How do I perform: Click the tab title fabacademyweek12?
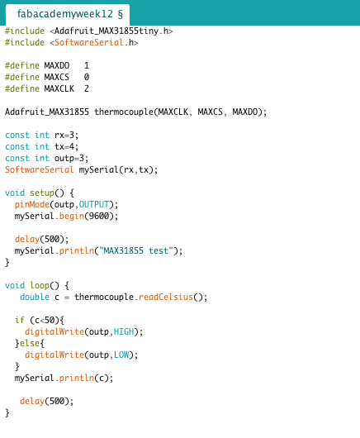tap(65, 13)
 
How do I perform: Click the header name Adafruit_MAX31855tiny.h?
tap(111, 31)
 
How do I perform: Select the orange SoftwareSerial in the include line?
tap(89, 42)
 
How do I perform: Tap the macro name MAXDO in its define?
tap(57, 65)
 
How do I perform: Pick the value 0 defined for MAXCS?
tap(87, 77)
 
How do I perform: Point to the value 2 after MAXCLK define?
tap(87, 88)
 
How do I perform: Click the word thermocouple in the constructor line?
tap(124, 112)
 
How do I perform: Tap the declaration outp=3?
tap(69, 159)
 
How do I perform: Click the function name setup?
tap(42, 193)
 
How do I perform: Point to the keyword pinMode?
tap(32, 204)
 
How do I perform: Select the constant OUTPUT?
tap(94, 204)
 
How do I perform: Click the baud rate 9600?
tap(99, 217)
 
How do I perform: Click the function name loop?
tap(40, 285)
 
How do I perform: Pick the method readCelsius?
tap(166, 297)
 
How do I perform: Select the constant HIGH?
tap(124, 331)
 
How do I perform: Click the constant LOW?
tap(121, 355)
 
